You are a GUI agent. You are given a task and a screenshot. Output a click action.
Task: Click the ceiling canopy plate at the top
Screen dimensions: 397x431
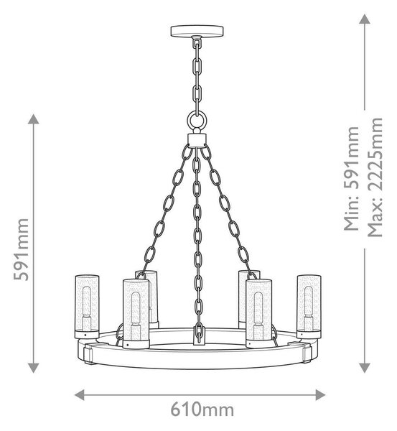tap(197, 31)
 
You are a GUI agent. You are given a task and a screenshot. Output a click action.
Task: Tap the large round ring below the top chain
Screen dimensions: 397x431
tap(197, 113)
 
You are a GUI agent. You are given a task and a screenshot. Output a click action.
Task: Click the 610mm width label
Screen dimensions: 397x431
tap(202, 409)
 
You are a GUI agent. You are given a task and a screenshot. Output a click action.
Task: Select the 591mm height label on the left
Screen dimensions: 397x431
tap(22, 249)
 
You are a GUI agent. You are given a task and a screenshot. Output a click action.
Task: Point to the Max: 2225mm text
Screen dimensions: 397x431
tap(375, 177)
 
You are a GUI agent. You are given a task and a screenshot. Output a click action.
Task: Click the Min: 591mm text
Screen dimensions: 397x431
tap(352, 179)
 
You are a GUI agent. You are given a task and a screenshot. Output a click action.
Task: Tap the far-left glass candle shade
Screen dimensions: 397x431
tap(87, 307)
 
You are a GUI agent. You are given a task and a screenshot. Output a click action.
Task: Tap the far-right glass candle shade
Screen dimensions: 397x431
tap(309, 307)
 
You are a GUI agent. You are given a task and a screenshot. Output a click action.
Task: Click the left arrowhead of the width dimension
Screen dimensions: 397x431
tap(80, 394)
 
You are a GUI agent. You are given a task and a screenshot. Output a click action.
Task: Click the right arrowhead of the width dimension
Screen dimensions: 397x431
tap(320, 394)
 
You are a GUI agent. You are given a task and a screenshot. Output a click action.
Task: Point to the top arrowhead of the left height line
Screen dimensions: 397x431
tap(33, 119)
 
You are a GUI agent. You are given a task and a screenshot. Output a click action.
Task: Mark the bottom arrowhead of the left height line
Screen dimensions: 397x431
tap(33, 368)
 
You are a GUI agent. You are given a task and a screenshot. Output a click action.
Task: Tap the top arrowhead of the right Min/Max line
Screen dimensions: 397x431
tap(365, 19)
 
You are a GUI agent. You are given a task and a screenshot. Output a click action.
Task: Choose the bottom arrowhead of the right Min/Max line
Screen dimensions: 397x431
tap(365, 368)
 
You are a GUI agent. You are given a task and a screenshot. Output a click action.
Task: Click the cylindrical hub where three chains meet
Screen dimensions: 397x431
tap(197, 139)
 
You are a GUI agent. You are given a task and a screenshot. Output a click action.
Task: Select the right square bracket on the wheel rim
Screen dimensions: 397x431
tap(306, 353)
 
